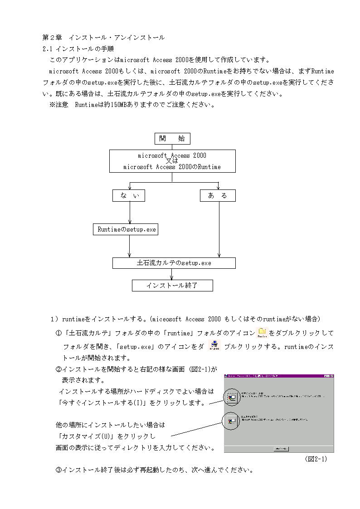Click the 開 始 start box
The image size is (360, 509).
(172, 139)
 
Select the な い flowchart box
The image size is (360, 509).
(129, 195)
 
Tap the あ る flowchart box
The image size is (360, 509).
(218, 195)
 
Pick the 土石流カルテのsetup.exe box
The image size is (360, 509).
(174, 263)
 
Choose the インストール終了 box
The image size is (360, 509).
(172, 286)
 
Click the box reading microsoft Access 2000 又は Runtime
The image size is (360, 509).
(172, 161)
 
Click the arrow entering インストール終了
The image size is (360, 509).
(172, 274)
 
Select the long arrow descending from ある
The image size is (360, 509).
(219, 229)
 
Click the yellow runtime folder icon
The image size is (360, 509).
(262, 333)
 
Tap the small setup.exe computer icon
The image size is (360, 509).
(214, 346)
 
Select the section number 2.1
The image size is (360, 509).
(48, 48)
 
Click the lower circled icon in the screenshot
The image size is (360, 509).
(232, 421)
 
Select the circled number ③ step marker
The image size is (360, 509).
(58, 470)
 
